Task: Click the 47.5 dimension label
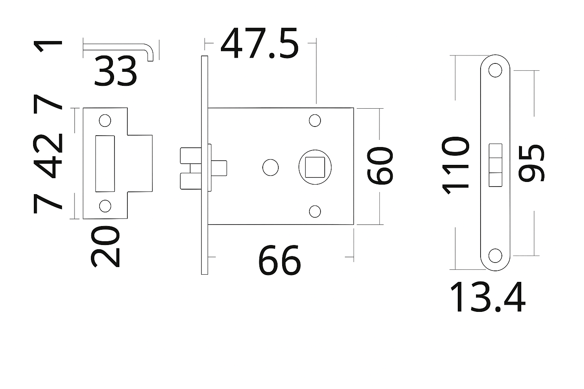pos(260,43)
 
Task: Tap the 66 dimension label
pos(280,260)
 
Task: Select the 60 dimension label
pos(380,166)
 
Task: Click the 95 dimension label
pos(531,163)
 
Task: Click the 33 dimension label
pos(116,71)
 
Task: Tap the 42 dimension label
pos(48,156)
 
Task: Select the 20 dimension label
pos(105,247)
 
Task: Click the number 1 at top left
pos(48,46)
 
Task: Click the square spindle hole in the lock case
pos(315,167)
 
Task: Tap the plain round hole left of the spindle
pos(271,168)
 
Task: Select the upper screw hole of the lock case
pos(315,121)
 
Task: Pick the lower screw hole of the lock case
pos(315,211)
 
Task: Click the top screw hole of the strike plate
pos(105,121)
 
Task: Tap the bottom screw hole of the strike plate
pos(105,206)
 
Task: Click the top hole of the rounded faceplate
pos(495,70)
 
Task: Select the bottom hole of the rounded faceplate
pos(495,256)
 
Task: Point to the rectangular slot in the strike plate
pos(105,164)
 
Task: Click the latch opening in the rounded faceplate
pos(495,165)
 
